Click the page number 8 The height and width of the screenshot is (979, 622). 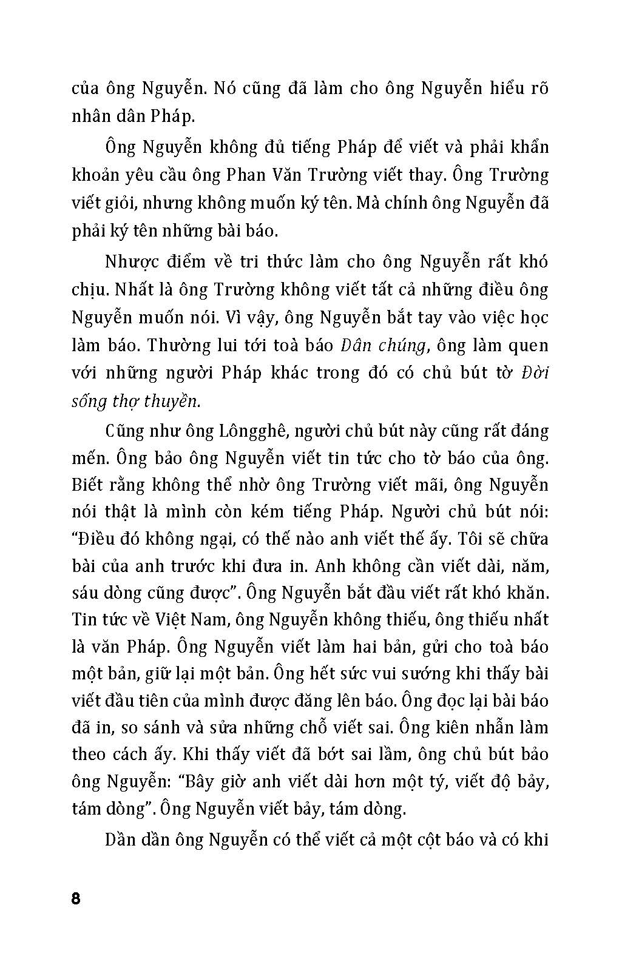coord(76,898)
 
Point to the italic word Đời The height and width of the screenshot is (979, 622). coord(535,372)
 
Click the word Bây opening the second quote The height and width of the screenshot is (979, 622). coord(210,781)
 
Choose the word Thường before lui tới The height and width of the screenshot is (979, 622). coord(180,345)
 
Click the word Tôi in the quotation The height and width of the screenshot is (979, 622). coord(474,539)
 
